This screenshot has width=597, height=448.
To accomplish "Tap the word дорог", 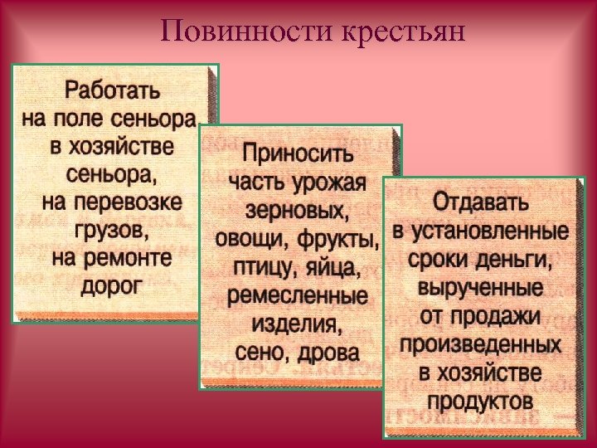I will click(112, 285).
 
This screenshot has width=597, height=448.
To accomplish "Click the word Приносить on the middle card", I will click(297, 155).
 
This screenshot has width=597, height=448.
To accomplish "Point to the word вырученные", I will click(482, 288).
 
